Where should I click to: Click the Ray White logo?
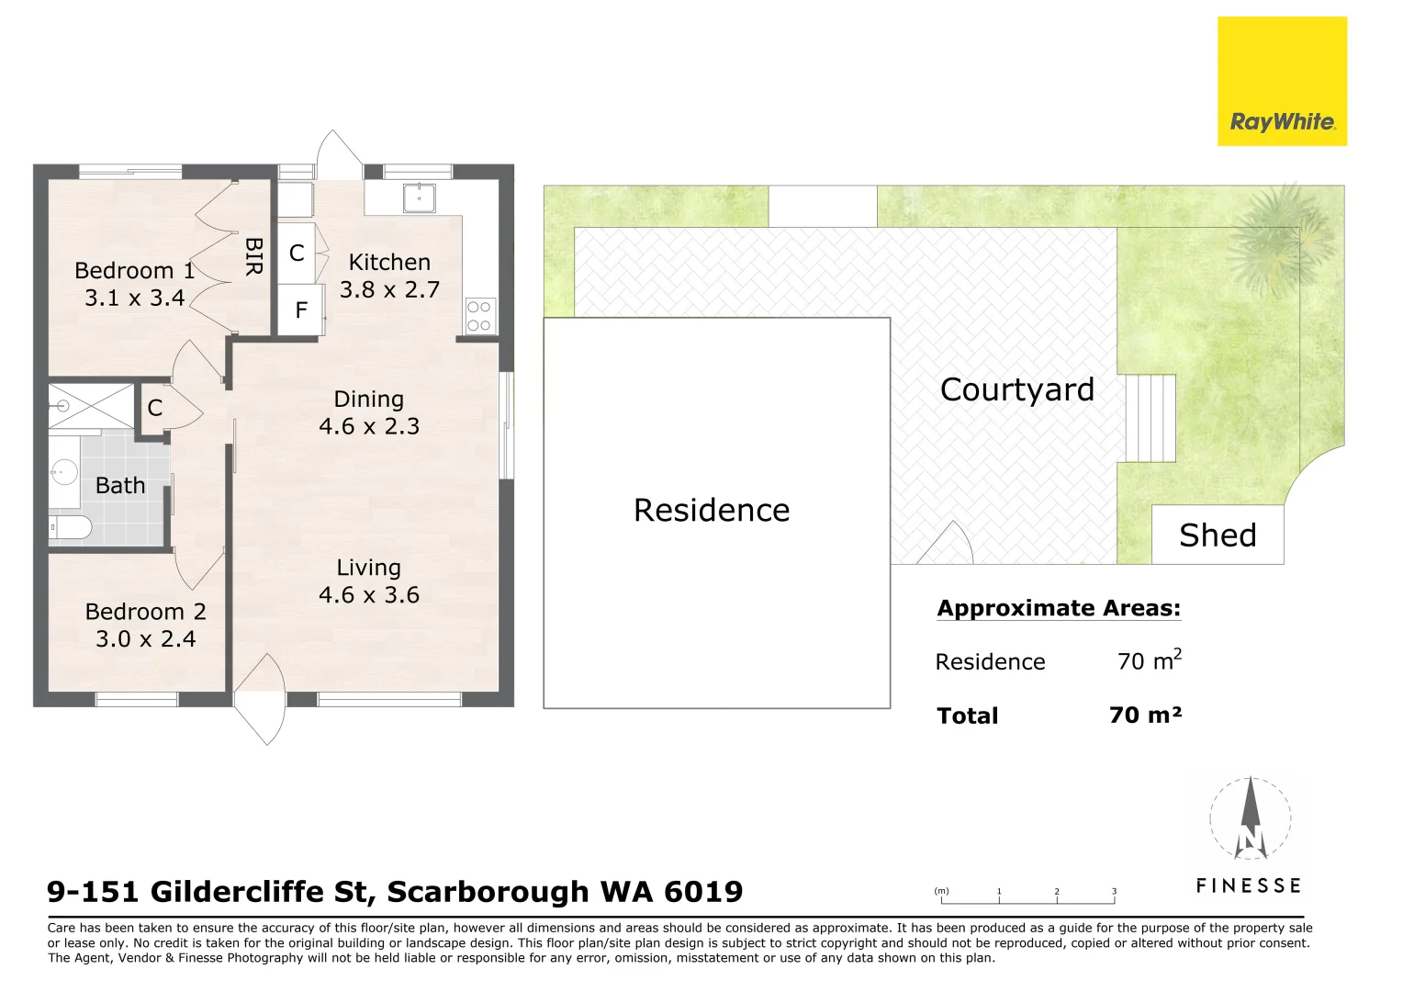(1282, 82)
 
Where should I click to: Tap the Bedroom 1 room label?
(135, 271)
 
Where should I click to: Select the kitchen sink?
(419, 197)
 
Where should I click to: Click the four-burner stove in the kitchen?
(480, 316)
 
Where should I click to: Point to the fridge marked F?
(300, 310)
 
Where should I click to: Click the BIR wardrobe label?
(253, 256)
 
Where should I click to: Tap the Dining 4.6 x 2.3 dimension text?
(369, 426)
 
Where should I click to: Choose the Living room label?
(369, 568)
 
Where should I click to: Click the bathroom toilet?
(70, 527)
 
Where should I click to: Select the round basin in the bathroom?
(64, 471)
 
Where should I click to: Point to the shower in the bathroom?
(92, 406)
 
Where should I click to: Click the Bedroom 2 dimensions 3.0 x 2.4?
(146, 639)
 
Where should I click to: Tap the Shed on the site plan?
(1218, 535)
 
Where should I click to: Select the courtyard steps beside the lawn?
(1150, 418)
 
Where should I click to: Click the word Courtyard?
(1017, 389)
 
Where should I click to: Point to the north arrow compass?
(1251, 817)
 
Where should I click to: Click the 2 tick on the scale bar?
(1057, 896)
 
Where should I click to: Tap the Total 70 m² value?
(1145, 715)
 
